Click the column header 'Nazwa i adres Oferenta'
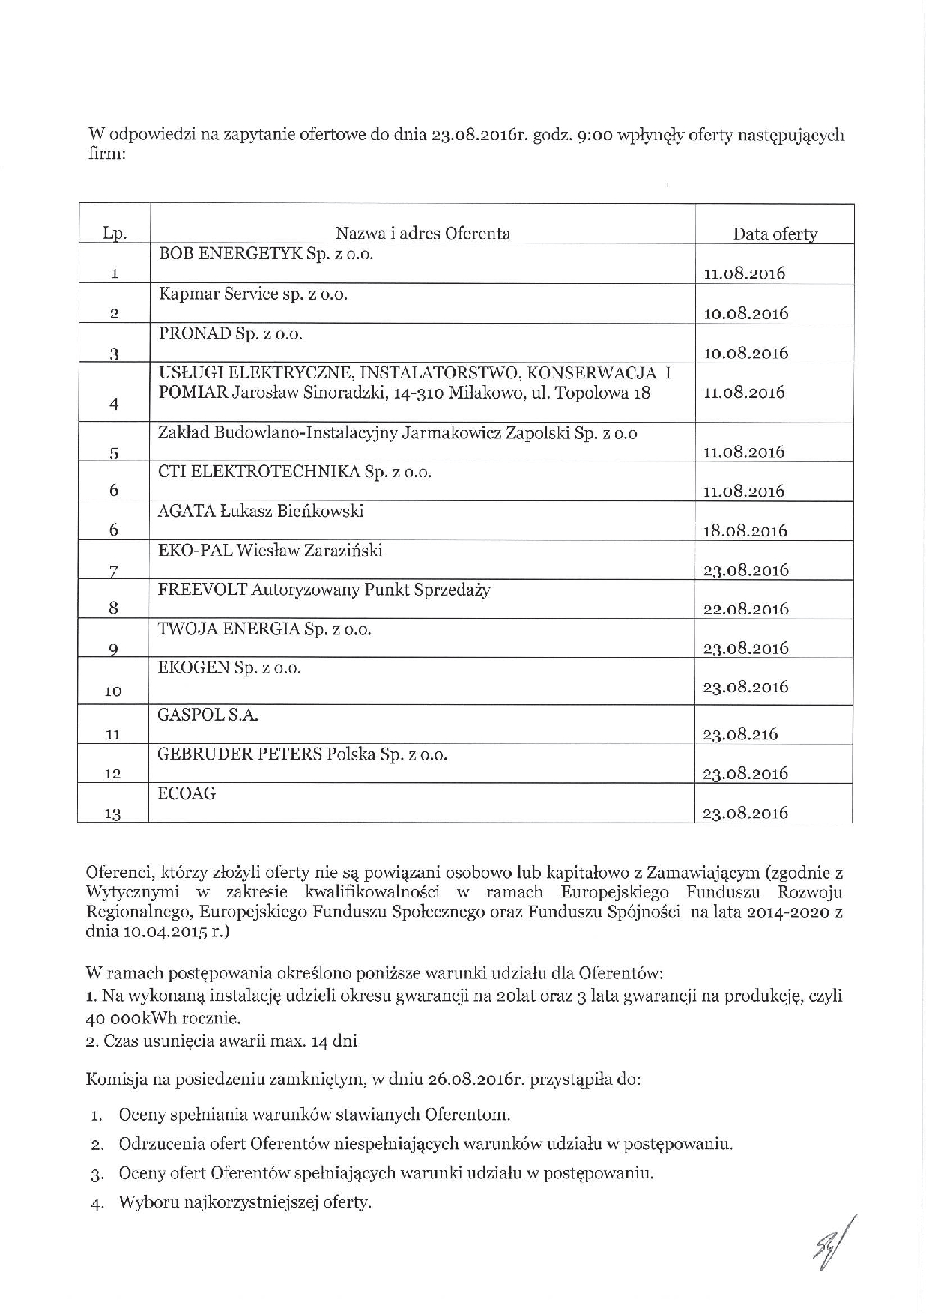pyautogui.click(x=422, y=233)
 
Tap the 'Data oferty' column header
pyautogui.click(x=775, y=234)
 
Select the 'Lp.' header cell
pyautogui.click(x=115, y=234)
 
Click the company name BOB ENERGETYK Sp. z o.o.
pyautogui.click(x=265, y=254)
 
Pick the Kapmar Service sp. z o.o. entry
pyautogui.click(x=253, y=294)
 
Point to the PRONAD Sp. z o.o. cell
pyautogui.click(x=230, y=334)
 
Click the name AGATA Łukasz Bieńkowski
pyautogui.click(x=261, y=511)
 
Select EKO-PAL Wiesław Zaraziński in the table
pyautogui.click(x=270, y=551)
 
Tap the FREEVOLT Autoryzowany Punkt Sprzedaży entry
pyautogui.click(x=324, y=590)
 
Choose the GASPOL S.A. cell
pyautogui.click(x=208, y=715)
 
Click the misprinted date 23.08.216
pyautogui.click(x=739, y=734)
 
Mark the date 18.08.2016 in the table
pyautogui.click(x=745, y=530)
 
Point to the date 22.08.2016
pyautogui.click(x=745, y=609)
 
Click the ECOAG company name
pyautogui.click(x=187, y=794)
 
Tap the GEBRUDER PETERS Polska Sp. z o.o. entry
pyautogui.click(x=302, y=754)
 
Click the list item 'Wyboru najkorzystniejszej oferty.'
pyautogui.click(x=244, y=1203)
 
